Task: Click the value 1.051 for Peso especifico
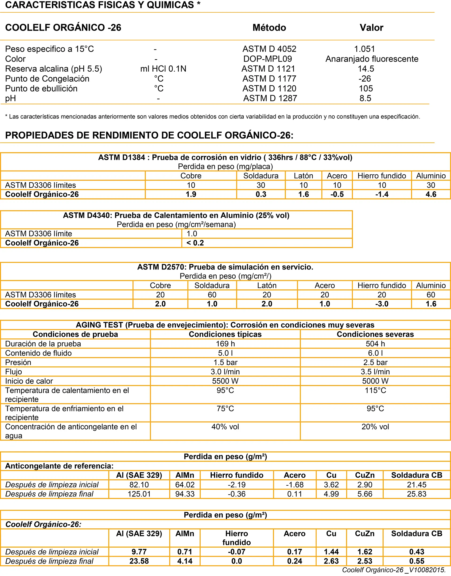[364, 49]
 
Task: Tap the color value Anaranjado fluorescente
[372, 59]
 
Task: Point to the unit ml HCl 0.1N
[163, 69]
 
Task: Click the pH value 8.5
[365, 98]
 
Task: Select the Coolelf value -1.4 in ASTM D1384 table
[381, 194]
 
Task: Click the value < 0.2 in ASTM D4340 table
[195, 243]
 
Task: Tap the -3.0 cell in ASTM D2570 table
[381, 304]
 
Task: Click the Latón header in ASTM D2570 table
[267, 285]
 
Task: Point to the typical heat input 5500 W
[225, 381]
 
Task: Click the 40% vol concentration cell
[225, 427]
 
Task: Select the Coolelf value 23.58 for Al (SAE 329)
[139, 561]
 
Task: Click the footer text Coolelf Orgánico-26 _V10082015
[394, 570]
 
